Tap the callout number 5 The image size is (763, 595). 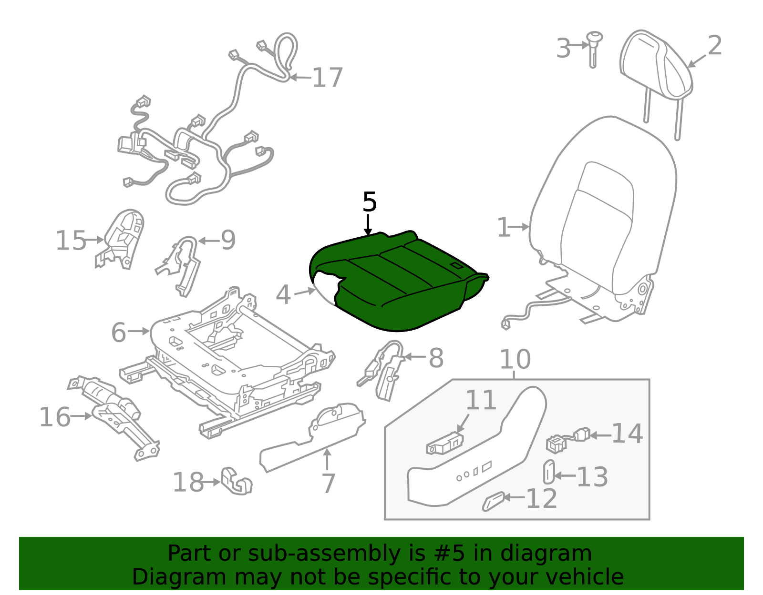[370, 202]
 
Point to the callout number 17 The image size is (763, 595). [327, 78]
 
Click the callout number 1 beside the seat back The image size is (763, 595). [504, 228]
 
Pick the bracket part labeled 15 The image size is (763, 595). [122, 238]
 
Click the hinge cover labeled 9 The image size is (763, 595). [184, 264]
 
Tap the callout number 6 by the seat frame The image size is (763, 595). [119, 332]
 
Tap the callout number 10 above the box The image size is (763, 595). [515, 360]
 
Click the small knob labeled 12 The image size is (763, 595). [493, 502]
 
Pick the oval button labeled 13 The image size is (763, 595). [548, 472]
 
